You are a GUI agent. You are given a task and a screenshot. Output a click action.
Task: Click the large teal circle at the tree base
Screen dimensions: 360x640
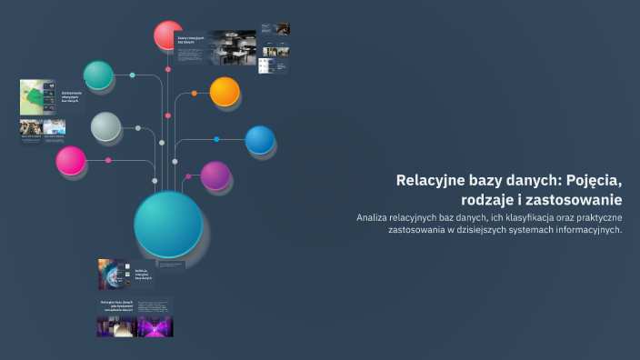pos(168,224)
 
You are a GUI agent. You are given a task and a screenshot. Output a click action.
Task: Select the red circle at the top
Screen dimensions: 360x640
pos(168,35)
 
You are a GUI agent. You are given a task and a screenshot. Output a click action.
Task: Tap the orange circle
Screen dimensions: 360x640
pos(225,91)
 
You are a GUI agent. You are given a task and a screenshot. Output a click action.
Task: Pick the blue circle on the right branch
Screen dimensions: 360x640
pos(260,139)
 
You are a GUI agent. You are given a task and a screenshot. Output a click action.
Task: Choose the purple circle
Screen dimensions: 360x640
pos(215,175)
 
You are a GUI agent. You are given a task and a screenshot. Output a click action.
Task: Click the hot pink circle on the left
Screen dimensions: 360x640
pos(70,161)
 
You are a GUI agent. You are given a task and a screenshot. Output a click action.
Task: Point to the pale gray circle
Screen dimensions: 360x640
pos(105,126)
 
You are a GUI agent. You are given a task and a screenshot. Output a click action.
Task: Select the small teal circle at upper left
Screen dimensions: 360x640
pos(98,75)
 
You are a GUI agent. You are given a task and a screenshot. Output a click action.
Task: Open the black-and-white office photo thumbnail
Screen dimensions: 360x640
pos(232,47)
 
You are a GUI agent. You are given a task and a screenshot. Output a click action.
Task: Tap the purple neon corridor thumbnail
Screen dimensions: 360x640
pos(155,325)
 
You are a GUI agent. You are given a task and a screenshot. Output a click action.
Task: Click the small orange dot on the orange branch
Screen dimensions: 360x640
pos(195,93)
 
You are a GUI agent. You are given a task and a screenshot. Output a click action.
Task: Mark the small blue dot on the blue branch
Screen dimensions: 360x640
pos(216,139)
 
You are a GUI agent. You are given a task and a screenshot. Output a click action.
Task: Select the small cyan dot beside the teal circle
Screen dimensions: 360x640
pos(132,75)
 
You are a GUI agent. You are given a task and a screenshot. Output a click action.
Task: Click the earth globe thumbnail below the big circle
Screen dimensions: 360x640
pos(115,273)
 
